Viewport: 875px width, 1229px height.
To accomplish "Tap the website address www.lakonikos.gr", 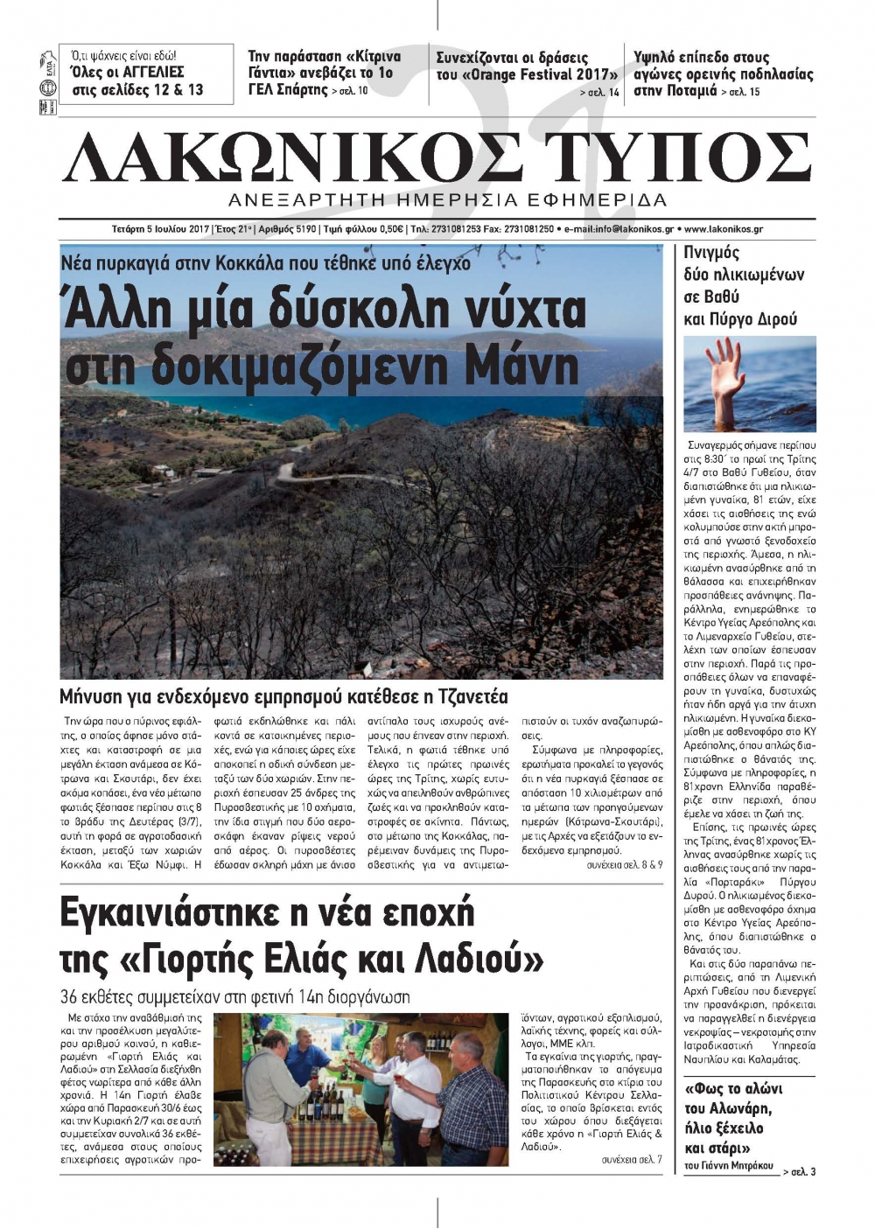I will [723, 229].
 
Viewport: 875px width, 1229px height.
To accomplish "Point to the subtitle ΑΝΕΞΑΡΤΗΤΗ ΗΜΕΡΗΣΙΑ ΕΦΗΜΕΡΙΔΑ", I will [447, 199].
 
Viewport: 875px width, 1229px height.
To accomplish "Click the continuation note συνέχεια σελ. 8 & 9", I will [624, 864].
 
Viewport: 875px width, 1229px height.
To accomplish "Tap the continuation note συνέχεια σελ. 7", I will [632, 1159].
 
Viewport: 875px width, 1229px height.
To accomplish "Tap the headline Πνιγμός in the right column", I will [711, 253].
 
